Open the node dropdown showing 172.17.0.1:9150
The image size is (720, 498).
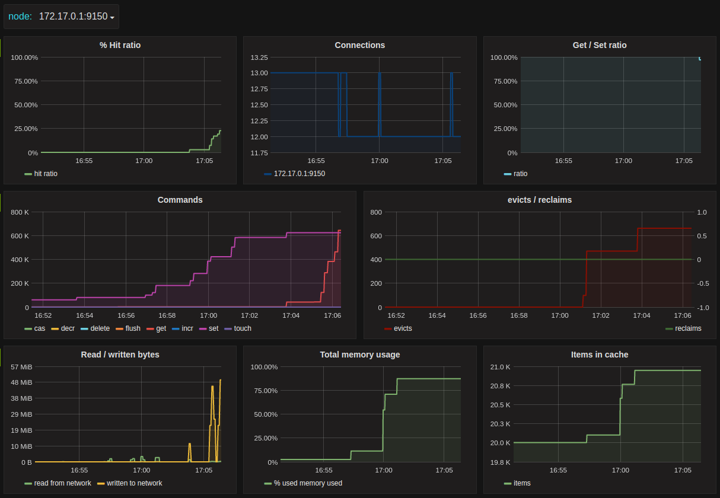pyautogui.click(x=77, y=17)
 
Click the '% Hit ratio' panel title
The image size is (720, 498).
pyautogui.click(x=120, y=45)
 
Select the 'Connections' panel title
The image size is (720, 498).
pyautogui.click(x=359, y=45)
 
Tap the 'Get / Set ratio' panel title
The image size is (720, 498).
pyautogui.click(x=600, y=45)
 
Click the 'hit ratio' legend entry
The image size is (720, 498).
pyautogui.click(x=41, y=174)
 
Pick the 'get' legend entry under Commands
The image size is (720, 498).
pyautogui.click(x=156, y=328)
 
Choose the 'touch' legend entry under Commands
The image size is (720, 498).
pyautogui.click(x=238, y=328)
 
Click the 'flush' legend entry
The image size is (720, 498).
pyautogui.click(x=128, y=328)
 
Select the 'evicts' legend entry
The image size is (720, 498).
pyautogui.click(x=398, y=328)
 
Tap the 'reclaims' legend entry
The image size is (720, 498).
pyautogui.click(x=683, y=328)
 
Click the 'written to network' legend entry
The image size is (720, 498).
pyautogui.click(x=130, y=483)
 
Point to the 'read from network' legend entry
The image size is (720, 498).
pyautogui.click(x=58, y=483)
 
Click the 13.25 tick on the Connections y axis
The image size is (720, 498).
pyautogui.click(x=259, y=58)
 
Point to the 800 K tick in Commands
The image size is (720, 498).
pyautogui.click(x=20, y=212)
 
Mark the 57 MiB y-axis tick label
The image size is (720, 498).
pyautogui.click(x=21, y=367)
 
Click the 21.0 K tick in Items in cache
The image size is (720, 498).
pyautogui.click(x=500, y=367)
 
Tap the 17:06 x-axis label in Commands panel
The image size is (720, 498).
pyautogui.click(x=332, y=315)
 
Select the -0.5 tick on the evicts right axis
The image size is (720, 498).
pyautogui.click(x=703, y=283)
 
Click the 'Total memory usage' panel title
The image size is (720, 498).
pyautogui.click(x=360, y=355)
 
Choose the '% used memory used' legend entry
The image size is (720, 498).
pyautogui.click(x=303, y=483)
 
